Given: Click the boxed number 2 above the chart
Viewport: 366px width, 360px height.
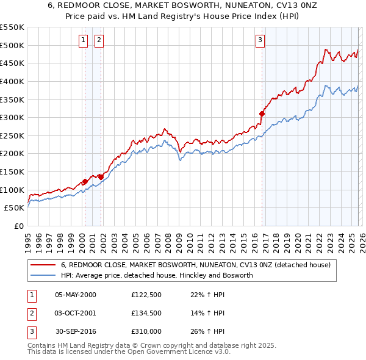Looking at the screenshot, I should click(98, 40).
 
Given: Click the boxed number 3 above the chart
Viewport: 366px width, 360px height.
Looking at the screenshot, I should click(260, 40).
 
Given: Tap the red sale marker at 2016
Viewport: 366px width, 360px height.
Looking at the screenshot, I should click(262, 113).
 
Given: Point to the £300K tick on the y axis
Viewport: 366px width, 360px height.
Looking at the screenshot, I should click(12, 117).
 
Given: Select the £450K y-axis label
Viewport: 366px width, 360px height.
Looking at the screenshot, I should click(12, 63).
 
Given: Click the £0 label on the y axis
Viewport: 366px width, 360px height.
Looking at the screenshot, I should click(18, 226).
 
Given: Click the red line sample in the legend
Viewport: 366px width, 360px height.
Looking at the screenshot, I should click(43, 265).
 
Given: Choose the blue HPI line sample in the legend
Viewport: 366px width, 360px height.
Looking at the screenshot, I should click(43, 276).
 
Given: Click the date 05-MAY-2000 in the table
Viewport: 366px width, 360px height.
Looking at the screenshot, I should click(76, 295).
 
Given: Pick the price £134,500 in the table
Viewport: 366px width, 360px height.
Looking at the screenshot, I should click(146, 313).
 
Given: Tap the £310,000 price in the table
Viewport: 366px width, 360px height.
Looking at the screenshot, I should click(146, 331).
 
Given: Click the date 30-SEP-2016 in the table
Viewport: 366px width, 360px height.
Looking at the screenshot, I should click(76, 331).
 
